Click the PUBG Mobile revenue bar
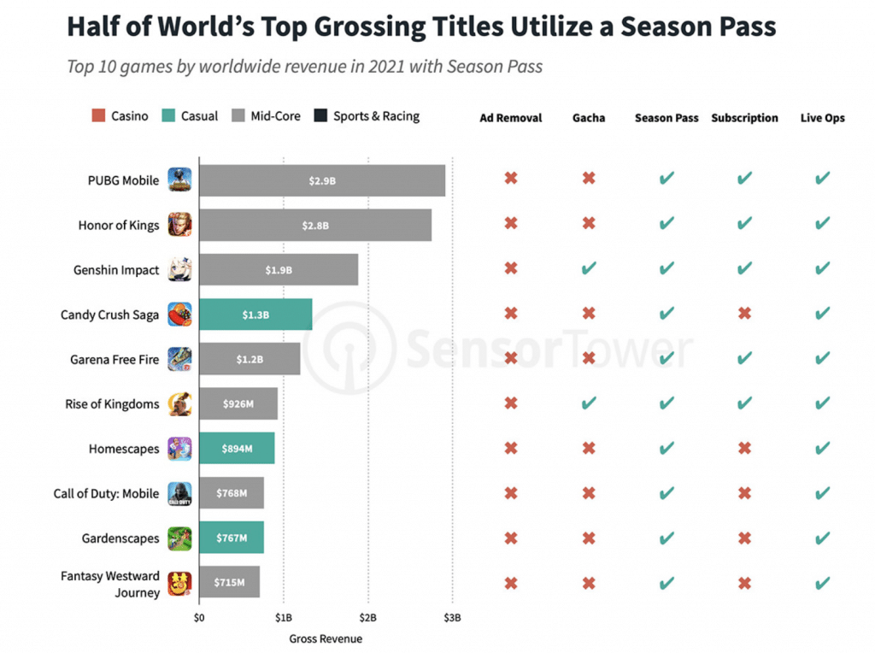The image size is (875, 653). [321, 180]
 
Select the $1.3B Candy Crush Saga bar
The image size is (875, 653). [255, 315]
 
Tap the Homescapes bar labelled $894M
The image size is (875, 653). [236, 449]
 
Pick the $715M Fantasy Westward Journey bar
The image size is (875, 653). [228, 583]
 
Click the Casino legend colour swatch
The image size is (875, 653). [97, 116]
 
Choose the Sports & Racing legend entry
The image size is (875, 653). [367, 116]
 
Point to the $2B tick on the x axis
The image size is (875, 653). [368, 618]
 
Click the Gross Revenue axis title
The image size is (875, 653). [326, 638]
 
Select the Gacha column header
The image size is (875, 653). [589, 118]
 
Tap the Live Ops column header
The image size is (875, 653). [822, 118]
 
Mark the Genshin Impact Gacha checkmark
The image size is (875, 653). [589, 268]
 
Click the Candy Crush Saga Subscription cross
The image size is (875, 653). [744, 313]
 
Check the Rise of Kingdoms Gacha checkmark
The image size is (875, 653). [589, 403]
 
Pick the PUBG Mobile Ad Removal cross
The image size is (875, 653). [511, 179]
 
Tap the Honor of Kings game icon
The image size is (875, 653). [180, 225]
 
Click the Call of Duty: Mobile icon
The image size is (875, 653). [180, 493]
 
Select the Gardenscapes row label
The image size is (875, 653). [120, 538]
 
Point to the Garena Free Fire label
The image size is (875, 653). [115, 360]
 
